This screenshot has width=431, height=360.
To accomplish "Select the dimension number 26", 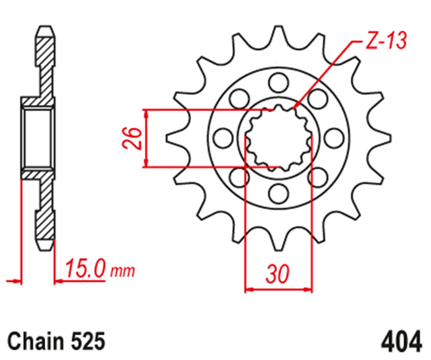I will point(135,139).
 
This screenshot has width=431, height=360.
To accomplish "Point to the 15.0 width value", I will point(85,269).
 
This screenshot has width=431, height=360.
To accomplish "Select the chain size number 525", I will point(86,342).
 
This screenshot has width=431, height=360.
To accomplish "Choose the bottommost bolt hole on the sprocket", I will point(279,193).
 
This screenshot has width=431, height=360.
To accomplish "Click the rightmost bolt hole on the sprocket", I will point(335,137).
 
